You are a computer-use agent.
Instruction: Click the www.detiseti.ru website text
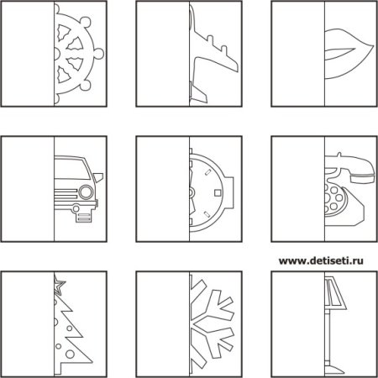321,261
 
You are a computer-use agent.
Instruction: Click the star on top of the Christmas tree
59,285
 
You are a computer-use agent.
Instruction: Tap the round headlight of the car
86,192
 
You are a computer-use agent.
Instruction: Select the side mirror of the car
98,177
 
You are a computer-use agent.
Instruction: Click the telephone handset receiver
354,168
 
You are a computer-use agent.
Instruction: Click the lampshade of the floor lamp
335,293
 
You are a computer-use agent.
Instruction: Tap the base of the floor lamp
334,370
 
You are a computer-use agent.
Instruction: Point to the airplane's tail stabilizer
198,93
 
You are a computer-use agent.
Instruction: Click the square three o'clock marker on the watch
218,193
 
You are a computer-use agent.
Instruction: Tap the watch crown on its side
230,193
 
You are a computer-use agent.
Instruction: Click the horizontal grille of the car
66,193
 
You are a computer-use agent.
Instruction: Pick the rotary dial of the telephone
333,198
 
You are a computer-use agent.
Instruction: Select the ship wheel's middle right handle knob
99,53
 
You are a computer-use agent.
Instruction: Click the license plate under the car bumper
84,218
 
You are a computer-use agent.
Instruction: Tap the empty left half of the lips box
298,54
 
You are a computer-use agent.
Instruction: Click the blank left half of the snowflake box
163,324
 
